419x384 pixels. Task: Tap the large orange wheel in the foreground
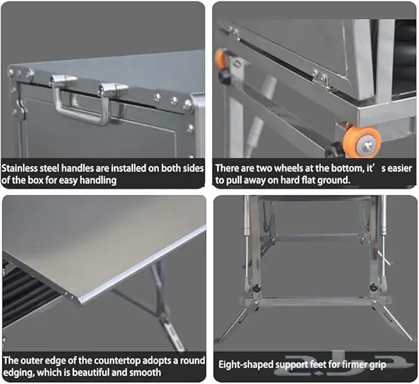point(362,140)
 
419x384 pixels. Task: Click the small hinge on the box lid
point(321,78)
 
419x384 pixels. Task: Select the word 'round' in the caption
point(193,361)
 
